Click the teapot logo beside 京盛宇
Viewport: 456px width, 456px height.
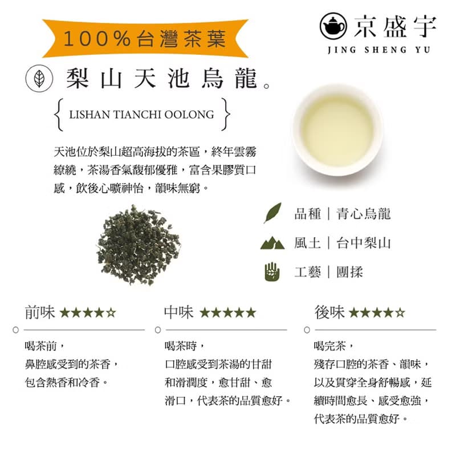click(x=333, y=26)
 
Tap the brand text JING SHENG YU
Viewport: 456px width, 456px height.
click(x=378, y=50)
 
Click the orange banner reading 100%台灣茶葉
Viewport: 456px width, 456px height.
click(x=145, y=39)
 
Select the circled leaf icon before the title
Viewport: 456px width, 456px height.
click(x=39, y=78)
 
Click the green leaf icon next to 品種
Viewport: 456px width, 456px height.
click(x=272, y=213)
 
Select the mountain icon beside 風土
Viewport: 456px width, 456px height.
click(x=272, y=243)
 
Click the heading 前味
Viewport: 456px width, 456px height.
click(x=40, y=312)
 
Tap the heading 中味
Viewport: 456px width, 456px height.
click(x=178, y=312)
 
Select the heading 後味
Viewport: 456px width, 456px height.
click(x=329, y=312)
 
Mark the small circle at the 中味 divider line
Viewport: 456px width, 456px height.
click(x=158, y=330)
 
